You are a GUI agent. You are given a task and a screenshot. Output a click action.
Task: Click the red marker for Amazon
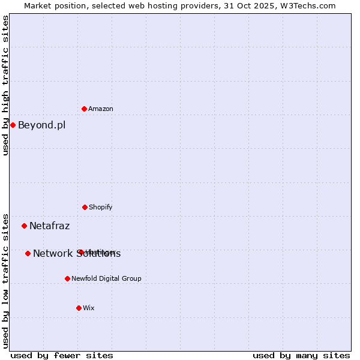point(84,109)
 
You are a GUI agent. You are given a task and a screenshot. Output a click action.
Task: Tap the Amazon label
point(101,109)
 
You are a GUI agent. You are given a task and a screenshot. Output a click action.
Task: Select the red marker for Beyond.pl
point(13,125)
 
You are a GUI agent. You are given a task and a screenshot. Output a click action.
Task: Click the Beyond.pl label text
point(41,125)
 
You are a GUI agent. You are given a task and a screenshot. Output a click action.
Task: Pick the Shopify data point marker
point(85,207)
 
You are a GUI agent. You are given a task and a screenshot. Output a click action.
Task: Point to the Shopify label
point(101,208)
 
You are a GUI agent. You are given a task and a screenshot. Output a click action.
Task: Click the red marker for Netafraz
point(24,226)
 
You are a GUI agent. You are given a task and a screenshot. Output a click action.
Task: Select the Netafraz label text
point(49,226)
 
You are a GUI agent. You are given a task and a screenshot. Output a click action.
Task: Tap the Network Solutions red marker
point(28,253)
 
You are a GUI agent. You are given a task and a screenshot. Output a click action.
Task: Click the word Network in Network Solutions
point(53,254)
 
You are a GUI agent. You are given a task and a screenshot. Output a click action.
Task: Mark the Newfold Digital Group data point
point(67,278)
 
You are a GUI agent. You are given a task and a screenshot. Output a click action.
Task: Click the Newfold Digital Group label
point(106,279)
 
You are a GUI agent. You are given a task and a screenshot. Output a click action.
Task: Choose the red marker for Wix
point(79,308)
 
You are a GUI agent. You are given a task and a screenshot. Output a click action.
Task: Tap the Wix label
point(89,308)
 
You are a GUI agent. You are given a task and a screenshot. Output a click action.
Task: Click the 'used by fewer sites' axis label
point(62,355)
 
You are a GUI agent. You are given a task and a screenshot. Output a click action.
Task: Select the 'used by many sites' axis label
point(301,355)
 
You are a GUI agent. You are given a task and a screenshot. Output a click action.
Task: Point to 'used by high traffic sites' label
point(5,85)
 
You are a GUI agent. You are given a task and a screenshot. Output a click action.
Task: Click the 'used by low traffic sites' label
point(5,281)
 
